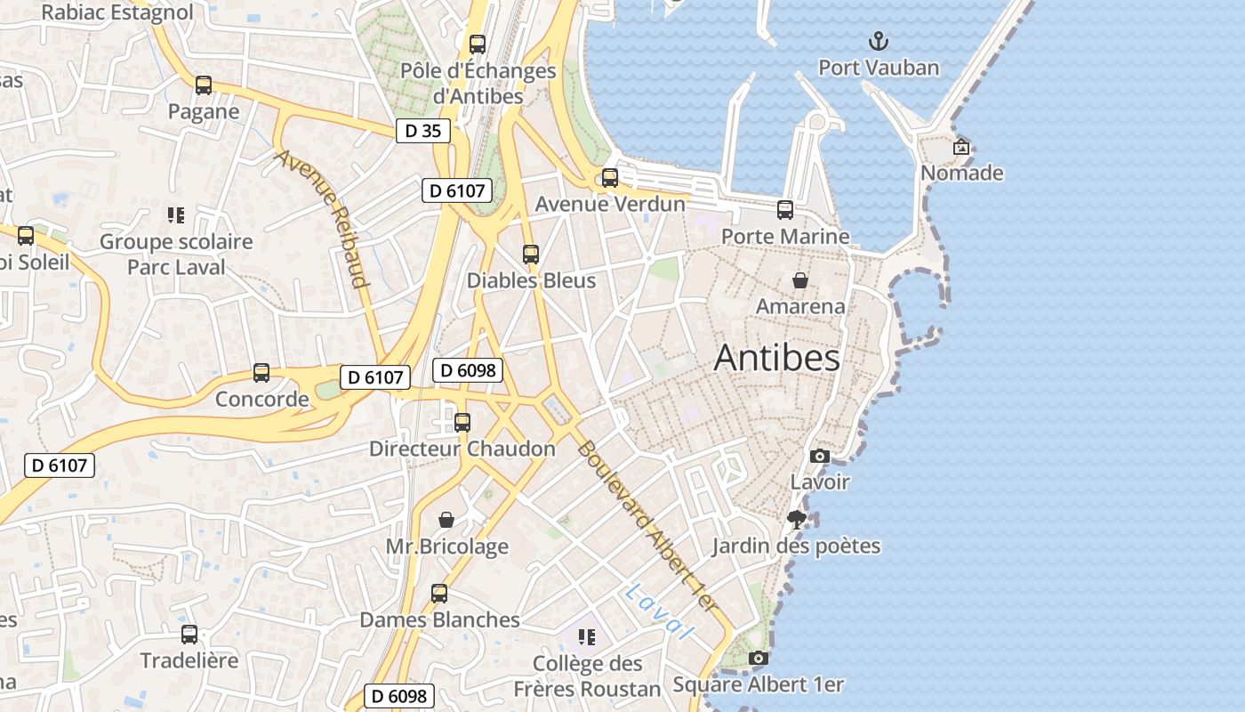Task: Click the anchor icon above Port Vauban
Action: (x=879, y=41)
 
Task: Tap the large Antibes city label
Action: (x=776, y=358)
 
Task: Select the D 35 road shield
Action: (x=422, y=131)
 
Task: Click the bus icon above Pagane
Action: (x=204, y=85)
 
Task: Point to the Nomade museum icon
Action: (x=961, y=147)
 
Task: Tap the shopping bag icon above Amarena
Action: (x=800, y=280)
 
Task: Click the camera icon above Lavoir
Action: (x=820, y=457)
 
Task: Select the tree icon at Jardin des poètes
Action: (x=797, y=519)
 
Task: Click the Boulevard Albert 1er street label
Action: (x=647, y=525)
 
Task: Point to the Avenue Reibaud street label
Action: (x=322, y=218)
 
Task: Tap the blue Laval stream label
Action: (x=658, y=611)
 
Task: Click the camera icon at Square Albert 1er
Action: (x=758, y=659)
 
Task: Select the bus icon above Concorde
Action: (x=261, y=373)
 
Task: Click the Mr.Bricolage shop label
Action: (x=446, y=546)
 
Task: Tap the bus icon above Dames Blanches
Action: (x=439, y=594)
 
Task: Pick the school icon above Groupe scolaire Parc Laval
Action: (x=176, y=215)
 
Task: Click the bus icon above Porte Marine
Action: (x=785, y=210)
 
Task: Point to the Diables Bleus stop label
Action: (x=531, y=280)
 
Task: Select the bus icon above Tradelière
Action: (x=189, y=635)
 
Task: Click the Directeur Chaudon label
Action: (x=462, y=449)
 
